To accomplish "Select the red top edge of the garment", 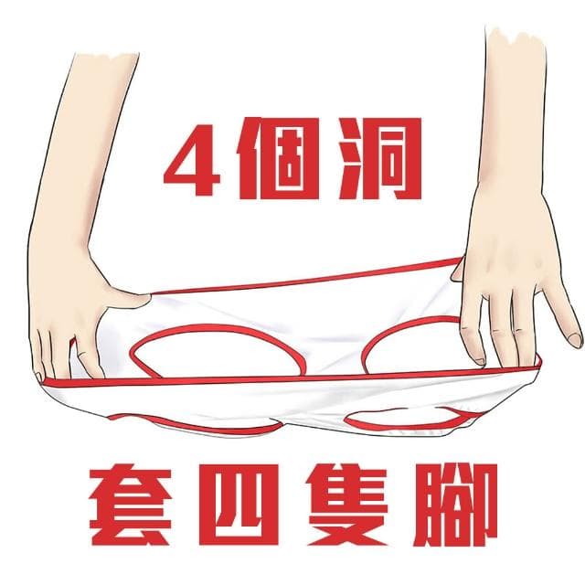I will tap(302, 277).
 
